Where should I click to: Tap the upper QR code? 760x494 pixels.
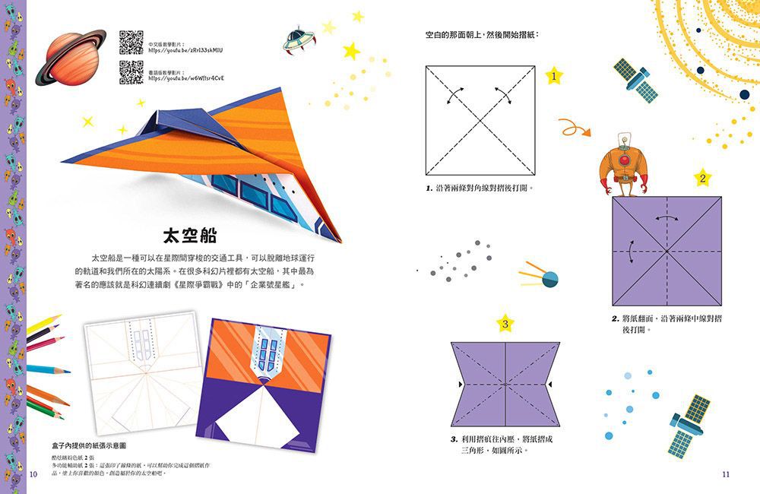131,43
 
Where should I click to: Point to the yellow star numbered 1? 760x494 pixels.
553,76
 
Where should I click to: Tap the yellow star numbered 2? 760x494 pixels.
703,179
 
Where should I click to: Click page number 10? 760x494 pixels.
33,474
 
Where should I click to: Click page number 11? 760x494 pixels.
725,474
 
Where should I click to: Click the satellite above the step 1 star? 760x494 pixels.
636,79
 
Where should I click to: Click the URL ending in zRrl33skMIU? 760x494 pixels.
186,50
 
